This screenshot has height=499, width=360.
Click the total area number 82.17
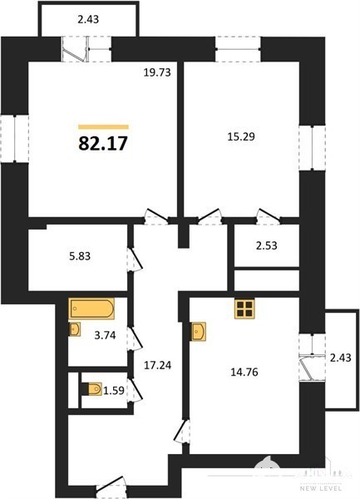point(103,143)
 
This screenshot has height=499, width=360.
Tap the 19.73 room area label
point(157,72)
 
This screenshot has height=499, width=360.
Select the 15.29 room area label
point(241,137)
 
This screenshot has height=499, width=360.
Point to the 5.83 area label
point(80,256)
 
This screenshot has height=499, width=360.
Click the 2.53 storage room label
point(267,245)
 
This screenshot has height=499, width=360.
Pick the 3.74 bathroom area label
point(105,335)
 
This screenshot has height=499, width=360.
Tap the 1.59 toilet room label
point(114,391)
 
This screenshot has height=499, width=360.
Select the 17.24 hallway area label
point(158,365)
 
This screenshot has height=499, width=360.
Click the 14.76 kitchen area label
point(244,372)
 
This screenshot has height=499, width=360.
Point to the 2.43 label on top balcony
point(88,19)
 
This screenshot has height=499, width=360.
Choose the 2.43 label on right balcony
point(341,358)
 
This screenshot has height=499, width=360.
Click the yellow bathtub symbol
point(91,308)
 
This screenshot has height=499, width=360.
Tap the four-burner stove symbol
point(244,309)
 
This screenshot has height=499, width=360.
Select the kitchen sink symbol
point(199,331)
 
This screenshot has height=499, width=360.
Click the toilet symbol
point(91,389)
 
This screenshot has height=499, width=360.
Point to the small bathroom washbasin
point(75,329)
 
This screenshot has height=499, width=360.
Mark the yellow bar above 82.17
point(103,127)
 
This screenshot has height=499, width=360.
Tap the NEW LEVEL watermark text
point(321,488)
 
